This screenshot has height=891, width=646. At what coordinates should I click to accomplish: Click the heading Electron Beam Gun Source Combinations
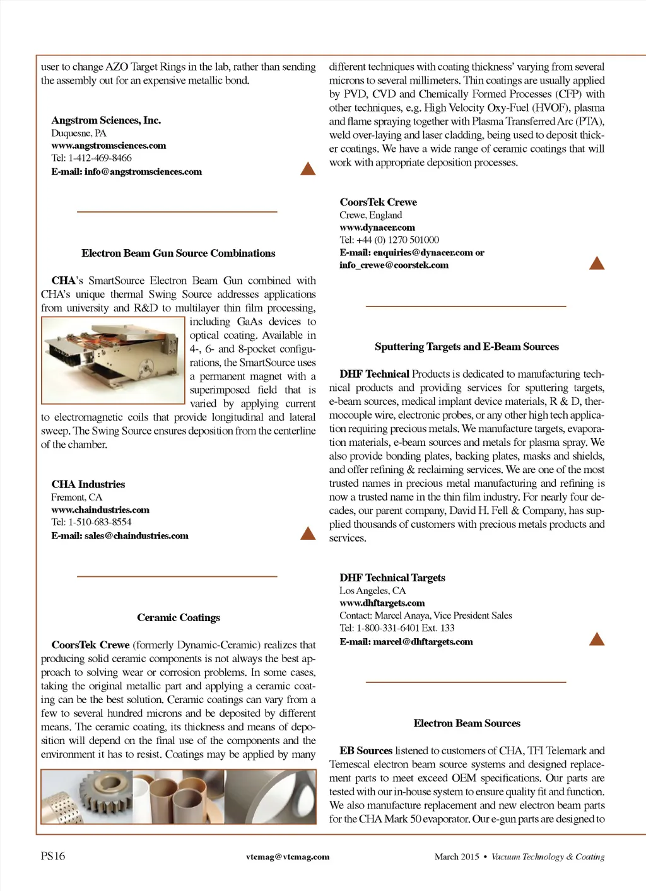(178, 253)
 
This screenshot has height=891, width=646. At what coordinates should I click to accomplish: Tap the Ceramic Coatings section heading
(179, 618)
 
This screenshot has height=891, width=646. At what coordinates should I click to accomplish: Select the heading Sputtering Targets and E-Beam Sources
(466, 347)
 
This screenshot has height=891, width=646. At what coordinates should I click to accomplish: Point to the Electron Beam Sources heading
(467, 723)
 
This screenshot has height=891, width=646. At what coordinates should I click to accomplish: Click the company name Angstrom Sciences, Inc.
(106, 120)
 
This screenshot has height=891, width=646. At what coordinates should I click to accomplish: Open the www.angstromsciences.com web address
(109, 146)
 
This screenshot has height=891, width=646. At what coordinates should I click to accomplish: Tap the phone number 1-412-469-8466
(100, 158)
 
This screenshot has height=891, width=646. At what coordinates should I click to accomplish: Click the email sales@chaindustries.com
(136, 536)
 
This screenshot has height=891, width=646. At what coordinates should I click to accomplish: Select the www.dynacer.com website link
(377, 228)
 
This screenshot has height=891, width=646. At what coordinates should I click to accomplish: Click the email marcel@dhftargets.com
(423, 642)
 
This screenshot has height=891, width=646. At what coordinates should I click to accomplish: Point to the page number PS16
(53, 856)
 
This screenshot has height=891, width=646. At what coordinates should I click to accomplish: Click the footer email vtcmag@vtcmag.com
(288, 857)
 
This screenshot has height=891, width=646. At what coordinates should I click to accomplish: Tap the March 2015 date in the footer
(457, 857)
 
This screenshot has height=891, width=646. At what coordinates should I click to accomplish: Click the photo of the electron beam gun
(112, 360)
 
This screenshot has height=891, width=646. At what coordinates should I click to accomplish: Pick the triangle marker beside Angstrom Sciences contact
(308, 168)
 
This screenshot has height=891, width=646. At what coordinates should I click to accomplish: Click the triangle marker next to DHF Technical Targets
(596, 639)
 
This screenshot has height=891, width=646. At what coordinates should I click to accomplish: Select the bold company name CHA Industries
(88, 484)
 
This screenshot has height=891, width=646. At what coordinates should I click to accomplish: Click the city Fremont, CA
(76, 498)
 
